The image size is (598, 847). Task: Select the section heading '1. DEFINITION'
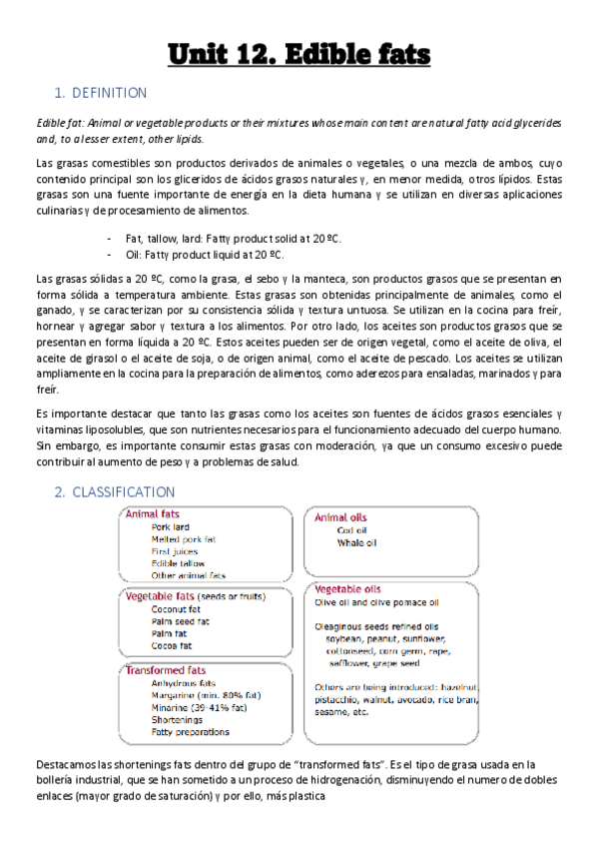[x=101, y=94]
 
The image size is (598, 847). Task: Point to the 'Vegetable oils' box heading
[x=348, y=589]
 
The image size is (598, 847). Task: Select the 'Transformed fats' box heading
[x=166, y=670]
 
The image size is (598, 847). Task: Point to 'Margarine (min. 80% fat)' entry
[x=206, y=695]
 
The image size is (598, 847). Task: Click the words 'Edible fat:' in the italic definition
[x=59, y=122]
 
